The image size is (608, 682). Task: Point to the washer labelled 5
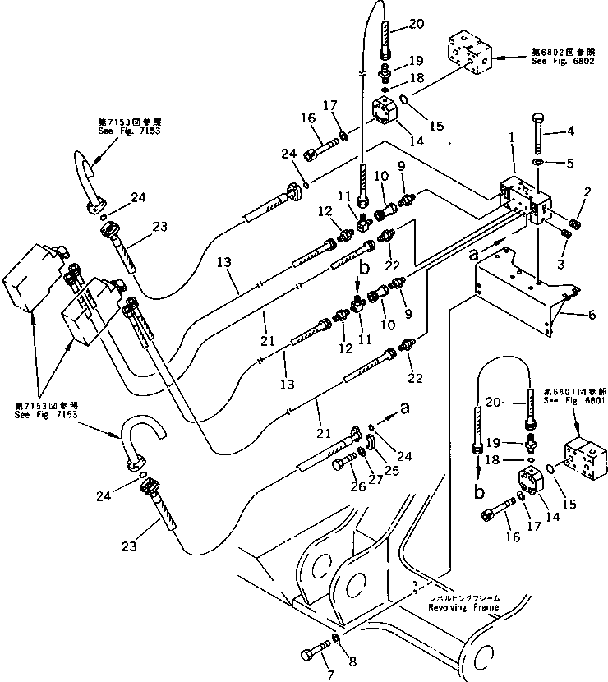537,164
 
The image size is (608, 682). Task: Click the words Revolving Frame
463,607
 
